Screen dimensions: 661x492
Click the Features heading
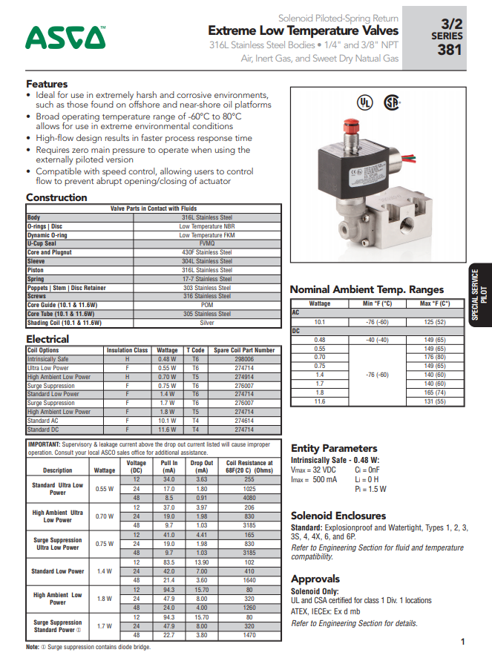(x=47, y=84)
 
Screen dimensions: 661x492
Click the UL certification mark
(x=364, y=102)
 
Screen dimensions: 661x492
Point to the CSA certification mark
(x=391, y=102)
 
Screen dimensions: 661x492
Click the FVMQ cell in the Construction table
(x=207, y=243)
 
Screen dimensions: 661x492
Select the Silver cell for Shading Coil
(x=207, y=323)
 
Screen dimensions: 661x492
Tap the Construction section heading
(x=56, y=197)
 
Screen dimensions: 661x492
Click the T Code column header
(x=195, y=350)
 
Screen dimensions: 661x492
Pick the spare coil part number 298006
(x=244, y=359)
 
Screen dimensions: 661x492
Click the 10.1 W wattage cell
(x=167, y=421)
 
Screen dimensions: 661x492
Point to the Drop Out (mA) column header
(x=201, y=467)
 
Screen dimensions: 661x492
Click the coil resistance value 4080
(x=249, y=497)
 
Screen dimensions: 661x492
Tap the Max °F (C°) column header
(x=435, y=303)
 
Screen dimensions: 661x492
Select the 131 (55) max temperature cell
(x=435, y=401)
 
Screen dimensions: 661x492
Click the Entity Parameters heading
(x=334, y=448)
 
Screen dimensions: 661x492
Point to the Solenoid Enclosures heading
(x=338, y=515)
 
